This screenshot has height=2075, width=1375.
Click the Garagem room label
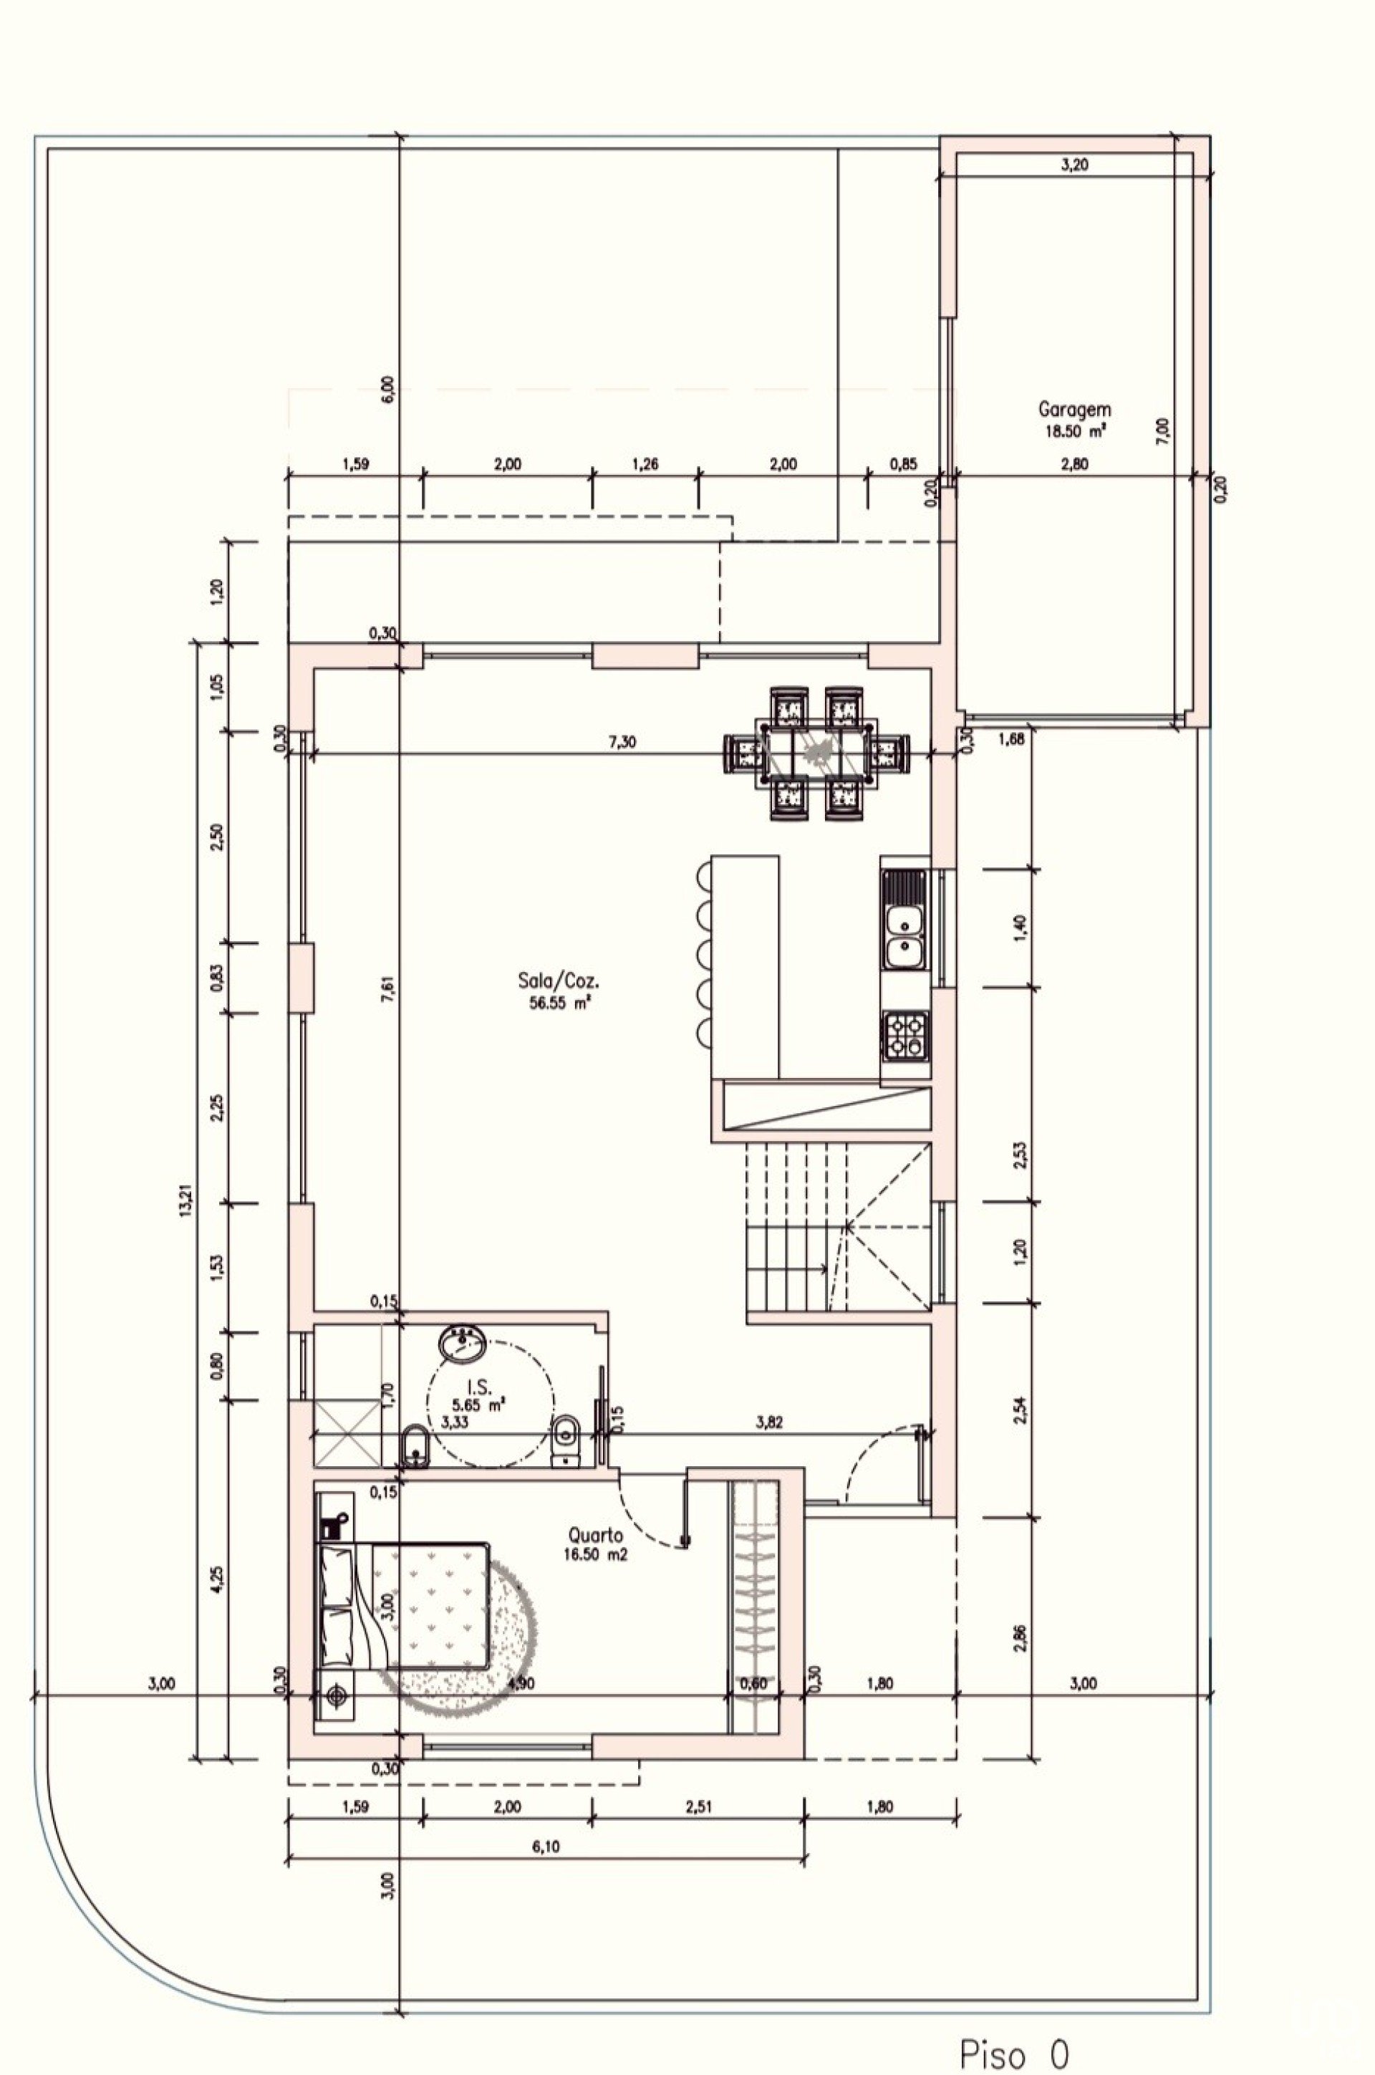[x=1074, y=409]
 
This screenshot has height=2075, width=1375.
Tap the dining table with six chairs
[x=817, y=753]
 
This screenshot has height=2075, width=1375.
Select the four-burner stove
[x=905, y=1034]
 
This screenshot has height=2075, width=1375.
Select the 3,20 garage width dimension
[x=1074, y=164]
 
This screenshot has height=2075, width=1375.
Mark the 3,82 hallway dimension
[x=769, y=1423]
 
